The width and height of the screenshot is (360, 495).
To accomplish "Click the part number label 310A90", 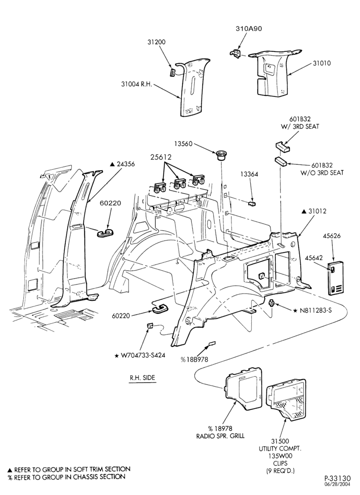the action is pos(249,29).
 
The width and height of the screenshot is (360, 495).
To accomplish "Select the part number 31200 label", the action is pos(156,42).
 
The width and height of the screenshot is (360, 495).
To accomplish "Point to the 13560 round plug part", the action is pos(221,155).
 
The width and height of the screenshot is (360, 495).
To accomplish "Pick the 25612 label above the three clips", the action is pos(161,157).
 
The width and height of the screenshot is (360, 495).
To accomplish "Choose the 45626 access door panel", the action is pos(335,277).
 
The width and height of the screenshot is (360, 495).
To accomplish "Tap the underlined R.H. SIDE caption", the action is pos(142,378).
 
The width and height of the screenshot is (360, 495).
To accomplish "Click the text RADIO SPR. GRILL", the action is pos(221,436).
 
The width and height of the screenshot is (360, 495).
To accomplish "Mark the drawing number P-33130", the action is pos(338,479).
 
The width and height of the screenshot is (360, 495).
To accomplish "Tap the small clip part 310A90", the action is pos(235,53).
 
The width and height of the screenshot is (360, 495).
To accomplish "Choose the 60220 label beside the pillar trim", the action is pos(110,203).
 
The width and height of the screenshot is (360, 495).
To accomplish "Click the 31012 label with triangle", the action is pos(314,211).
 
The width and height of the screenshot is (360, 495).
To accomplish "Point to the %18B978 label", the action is pos(194,359).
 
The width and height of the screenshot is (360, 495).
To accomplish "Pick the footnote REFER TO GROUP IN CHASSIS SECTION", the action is pos(67,477).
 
